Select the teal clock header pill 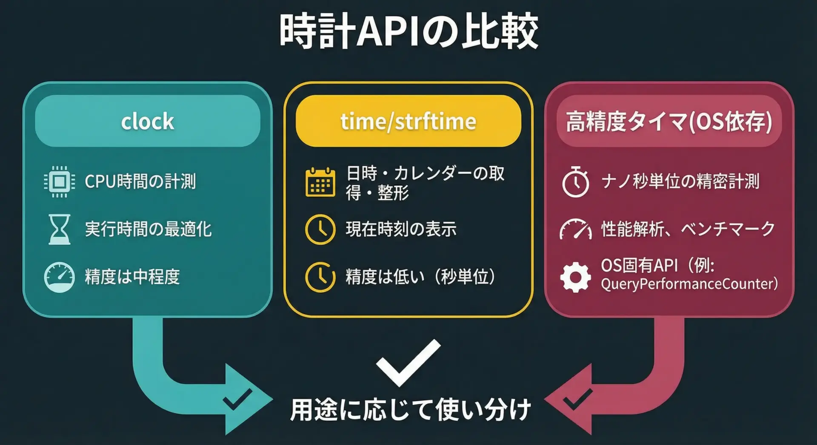[148, 121]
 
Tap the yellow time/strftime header [408, 121]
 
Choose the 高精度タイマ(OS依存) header [669, 121]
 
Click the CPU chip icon [60, 182]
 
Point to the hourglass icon [60, 229]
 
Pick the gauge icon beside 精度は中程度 [60, 277]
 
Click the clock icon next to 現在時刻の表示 [320, 230]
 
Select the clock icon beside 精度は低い [320, 277]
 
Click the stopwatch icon [575, 182]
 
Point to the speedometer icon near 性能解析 [575, 230]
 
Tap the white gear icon [575, 277]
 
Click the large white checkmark [408, 363]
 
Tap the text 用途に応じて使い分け [410, 410]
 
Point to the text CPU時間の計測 [140, 181]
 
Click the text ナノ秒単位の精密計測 [680, 181]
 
